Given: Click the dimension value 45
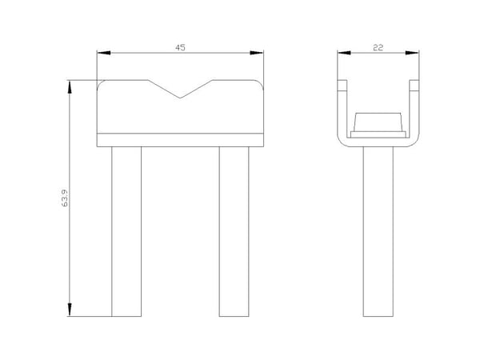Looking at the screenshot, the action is pyautogui.click(x=180, y=48).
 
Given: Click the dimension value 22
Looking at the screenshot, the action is pyautogui.click(x=378, y=48).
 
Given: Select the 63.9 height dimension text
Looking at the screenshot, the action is pyautogui.click(x=65, y=198).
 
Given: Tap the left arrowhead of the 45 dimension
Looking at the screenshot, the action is pyautogui.click(x=104, y=53).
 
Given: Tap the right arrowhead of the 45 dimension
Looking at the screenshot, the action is pyautogui.click(x=257, y=53).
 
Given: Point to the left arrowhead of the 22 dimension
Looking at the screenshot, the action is pyautogui.click(x=344, y=53).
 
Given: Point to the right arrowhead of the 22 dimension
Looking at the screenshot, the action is pyautogui.click(x=412, y=53).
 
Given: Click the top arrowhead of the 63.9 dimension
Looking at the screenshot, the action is pyautogui.click(x=70, y=86).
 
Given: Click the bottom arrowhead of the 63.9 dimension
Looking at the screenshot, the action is pyautogui.click(x=70, y=310).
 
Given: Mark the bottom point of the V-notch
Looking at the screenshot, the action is pyautogui.click(x=180, y=98).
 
